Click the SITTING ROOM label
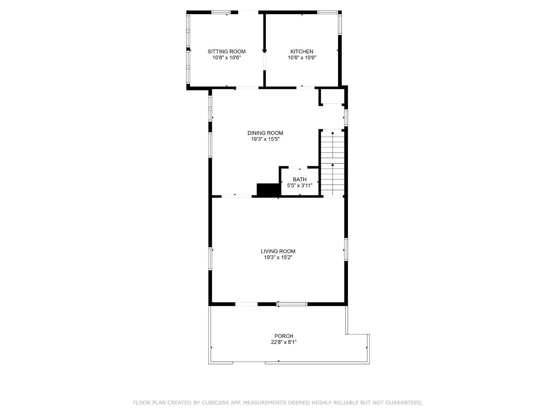click(x=226, y=52)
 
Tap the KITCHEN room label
click(x=302, y=52)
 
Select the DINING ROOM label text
click(x=265, y=133)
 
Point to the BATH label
click(x=299, y=179)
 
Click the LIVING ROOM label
click(x=278, y=251)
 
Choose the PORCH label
click(x=284, y=336)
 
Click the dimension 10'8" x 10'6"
click(x=226, y=57)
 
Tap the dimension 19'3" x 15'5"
click(x=265, y=139)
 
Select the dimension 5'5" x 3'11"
click(x=299, y=185)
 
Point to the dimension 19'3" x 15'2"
click(x=278, y=257)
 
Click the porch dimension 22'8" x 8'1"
click(x=284, y=342)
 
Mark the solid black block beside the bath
click(x=268, y=190)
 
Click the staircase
click(x=332, y=163)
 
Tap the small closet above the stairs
click(x=331, y=96)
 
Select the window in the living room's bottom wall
click(x=292, y=304)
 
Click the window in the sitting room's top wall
click(x=221, y=12)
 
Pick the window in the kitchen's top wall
click(x=328, y=12)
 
